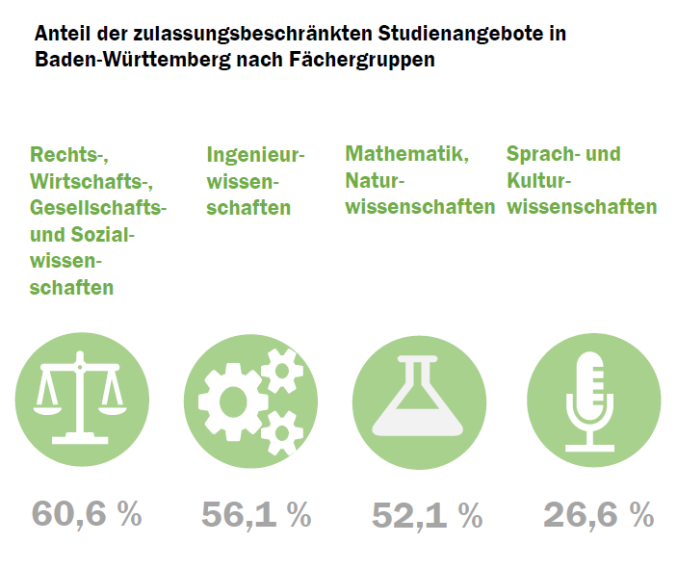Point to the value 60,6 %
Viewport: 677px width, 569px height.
point(87,513)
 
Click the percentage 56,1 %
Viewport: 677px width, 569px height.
point(256,514)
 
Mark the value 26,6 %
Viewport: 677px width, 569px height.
point(598,514)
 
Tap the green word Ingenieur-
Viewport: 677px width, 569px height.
point(255,154)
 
